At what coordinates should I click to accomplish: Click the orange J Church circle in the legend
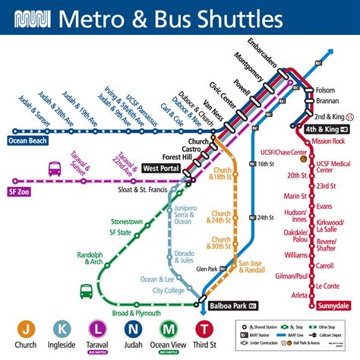(x=27, y=329)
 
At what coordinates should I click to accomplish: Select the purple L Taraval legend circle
(x=97, y=329)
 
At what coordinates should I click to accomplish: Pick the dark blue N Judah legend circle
(x=133, y=329)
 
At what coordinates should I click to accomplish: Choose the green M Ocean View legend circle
(x=168, y=329)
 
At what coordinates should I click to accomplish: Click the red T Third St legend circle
(x=204, y=329)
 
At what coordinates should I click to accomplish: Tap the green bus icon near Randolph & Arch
(x=86, y=290)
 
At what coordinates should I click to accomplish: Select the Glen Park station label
(x=206, y=269)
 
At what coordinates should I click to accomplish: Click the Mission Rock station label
(x=328, y=141)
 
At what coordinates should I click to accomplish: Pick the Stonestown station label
(x=106, y=221)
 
